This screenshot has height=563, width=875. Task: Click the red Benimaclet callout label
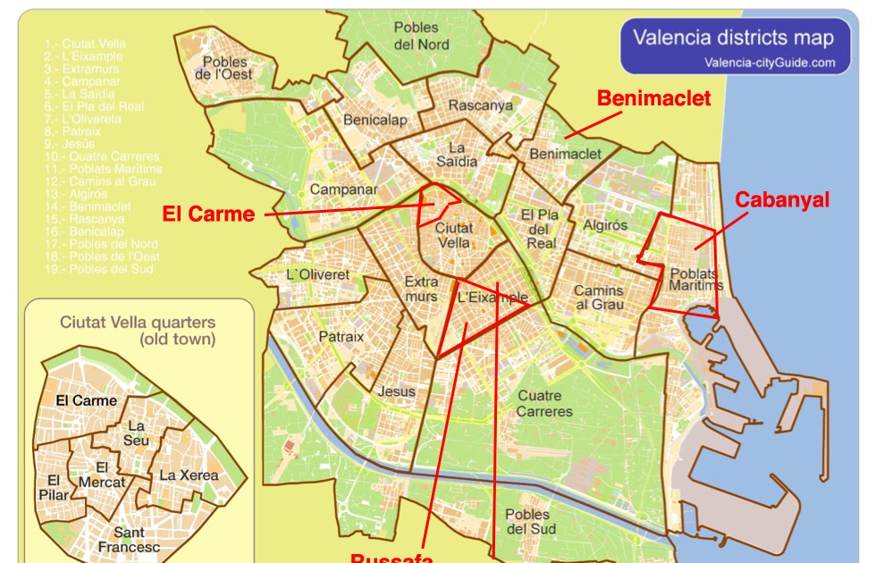pyautogui.click(x=653, y=98)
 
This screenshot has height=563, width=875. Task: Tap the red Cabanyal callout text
pyautogui.click(x=782, y=199)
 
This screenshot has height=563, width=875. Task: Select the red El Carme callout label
pyautogui.click(x=208, y=214)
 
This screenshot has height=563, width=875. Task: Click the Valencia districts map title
pyautogui.click(x=733, y=38)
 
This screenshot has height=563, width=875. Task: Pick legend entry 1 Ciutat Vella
pyautogui.click(x=85, y=44)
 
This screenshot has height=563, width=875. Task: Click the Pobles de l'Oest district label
pyautogui.click(x=225, y=68)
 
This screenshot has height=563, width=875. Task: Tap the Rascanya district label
pyautogui.click(x=481, y=105)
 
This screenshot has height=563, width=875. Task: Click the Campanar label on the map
pyautogui.click(x=343, y=189)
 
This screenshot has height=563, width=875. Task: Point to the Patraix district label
pyautogui.click(x=341, y=337)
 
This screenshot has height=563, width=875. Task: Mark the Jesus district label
pyautogui.click(x=397, y=391)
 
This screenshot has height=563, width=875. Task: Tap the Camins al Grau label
pyautogui.click(x=599, y=298)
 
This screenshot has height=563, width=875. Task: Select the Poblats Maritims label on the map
pyautogui.click(x=695, y=279)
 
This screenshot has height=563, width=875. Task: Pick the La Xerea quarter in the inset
pyautogui.click(x=189, y=475)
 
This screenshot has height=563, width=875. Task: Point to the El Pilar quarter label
pyautogui.click(x=54, y=488)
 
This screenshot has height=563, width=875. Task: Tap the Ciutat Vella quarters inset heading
pyautogui.click(x=138, y=331)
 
